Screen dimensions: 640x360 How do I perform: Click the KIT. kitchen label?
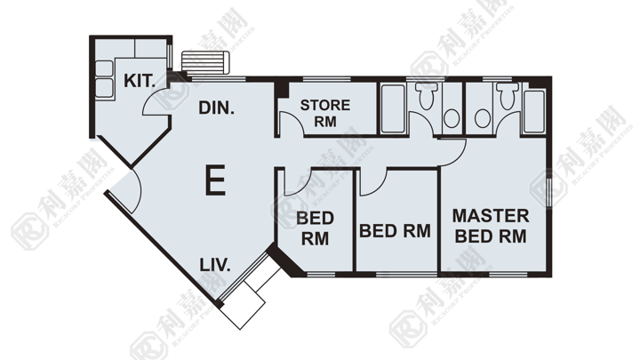click(x=140, y=81)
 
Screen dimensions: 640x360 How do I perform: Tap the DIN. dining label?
click(x=216, y=108)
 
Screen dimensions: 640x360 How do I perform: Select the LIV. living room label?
click(x=215, y=265)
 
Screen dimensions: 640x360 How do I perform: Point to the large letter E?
click(x=215, y=180)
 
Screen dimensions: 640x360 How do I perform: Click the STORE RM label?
click(x=325, y=113)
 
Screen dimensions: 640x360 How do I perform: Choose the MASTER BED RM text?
click(x=491, y=226)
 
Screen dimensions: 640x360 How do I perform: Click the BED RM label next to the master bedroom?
click(x=395, y=231)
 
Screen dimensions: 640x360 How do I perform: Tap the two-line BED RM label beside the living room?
click(x=315, y=228)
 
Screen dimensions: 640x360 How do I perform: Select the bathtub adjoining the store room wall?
click(x=393, y=108)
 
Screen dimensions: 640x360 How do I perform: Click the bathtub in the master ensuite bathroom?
click(x=534, y=111)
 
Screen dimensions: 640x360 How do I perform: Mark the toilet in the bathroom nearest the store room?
click(x=426, y=95)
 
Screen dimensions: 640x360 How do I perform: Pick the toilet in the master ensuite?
click(x=508, y=95)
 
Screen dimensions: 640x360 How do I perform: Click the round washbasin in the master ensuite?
click(x=483, y=118)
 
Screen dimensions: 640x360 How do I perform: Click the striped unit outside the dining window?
click(x=205, y=62)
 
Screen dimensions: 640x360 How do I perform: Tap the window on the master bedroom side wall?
click(x=549, y=193)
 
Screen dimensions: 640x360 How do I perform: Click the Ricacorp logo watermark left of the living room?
click(x=29, y=231)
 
